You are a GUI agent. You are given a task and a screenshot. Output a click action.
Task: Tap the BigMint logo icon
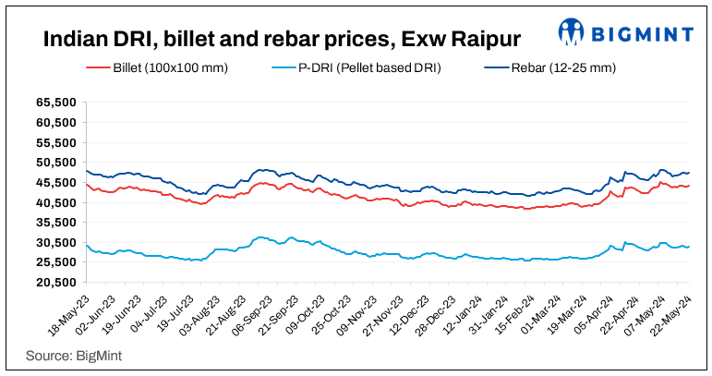(572, 32)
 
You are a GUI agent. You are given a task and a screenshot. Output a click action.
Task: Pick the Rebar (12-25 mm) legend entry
(559, 68)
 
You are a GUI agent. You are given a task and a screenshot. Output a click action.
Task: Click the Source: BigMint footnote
(74, 355)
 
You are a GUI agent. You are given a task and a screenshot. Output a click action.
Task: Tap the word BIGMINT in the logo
(643, 34)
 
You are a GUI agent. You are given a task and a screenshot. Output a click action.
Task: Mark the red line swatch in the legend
(98, 68)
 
